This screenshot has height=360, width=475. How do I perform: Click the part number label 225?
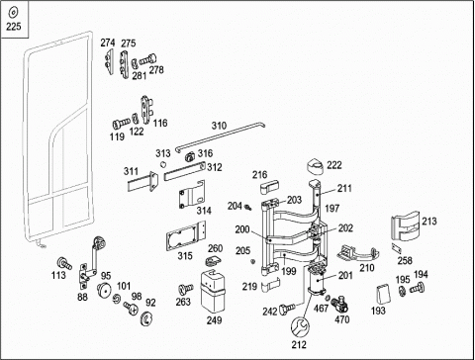click(14, 27)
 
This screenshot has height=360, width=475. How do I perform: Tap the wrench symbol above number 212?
click(300, 327)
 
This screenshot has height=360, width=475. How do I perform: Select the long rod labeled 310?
click(220, 136)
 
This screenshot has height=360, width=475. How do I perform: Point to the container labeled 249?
click(213, 291)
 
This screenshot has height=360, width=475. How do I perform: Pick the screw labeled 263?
click(186, 289)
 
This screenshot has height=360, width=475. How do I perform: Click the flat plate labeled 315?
click(186, 236)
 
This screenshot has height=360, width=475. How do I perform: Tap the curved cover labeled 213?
click(405, 225)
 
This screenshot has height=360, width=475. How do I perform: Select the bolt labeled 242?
click(287, 309)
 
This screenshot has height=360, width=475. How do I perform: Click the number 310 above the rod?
click(219, 126)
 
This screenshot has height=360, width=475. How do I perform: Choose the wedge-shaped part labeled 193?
click(383, 294)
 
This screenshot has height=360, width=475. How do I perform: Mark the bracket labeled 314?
click(192, 195)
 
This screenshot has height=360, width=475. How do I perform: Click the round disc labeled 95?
click(105, 290)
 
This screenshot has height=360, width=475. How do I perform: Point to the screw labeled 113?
click(64, 263)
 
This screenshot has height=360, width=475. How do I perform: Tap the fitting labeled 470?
click(339, 305)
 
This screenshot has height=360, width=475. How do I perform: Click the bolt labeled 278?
click(147, 60)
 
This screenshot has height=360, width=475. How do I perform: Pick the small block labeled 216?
click(269, 187)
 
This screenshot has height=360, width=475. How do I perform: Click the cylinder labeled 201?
click(317, 280)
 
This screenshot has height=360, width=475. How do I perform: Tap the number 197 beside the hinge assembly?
click(332, 209)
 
